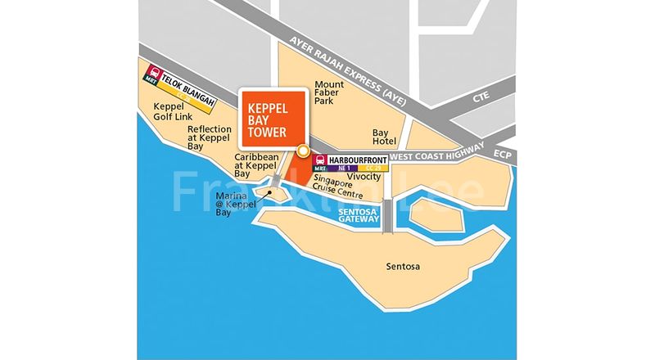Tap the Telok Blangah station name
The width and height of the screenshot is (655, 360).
(187, 82)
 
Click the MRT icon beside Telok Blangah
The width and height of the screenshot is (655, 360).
(151, 76)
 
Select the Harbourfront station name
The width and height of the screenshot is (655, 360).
(356, 160)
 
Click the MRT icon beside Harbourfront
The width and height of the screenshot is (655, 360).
(322, 164)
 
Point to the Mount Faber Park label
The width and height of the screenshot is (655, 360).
(329, 93)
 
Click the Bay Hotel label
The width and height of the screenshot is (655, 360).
(385, 137)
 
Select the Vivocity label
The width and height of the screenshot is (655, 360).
(364, 177)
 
